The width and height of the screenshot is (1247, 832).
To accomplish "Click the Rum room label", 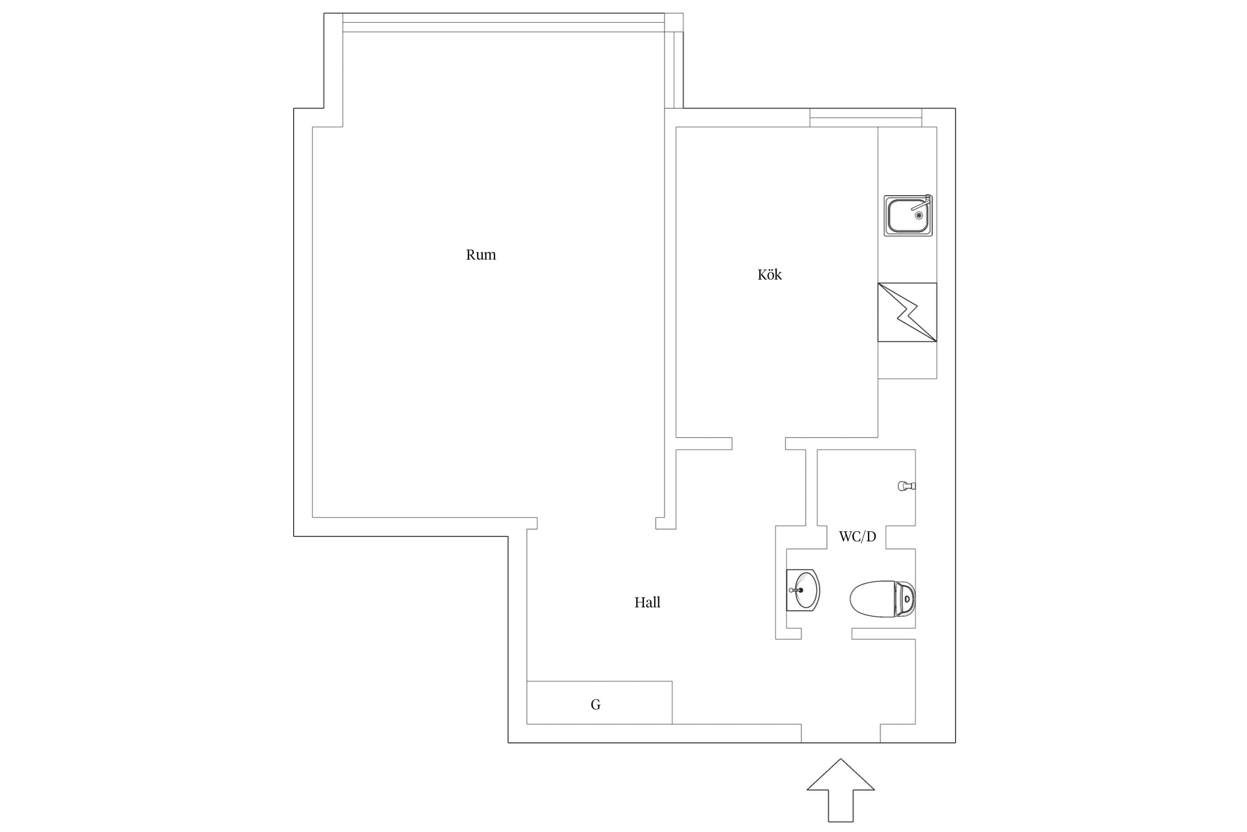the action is coord(481,255).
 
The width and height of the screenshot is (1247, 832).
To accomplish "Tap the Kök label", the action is coord(769,274).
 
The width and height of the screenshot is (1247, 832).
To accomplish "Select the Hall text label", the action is coord(647,602).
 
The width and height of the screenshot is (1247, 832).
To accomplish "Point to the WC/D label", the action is coord(857,536).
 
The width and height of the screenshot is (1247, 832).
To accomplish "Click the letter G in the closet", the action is coord(596,704).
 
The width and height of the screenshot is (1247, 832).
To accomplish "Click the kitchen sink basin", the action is coord(907,216).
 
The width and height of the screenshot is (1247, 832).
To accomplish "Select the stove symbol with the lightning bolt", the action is coord(907,312).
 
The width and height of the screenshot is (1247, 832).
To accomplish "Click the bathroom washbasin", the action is coord(803,590).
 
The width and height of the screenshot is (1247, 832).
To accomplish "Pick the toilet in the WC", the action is coord(882,598).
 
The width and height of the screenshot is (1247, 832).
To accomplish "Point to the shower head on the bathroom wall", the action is coord(906,486).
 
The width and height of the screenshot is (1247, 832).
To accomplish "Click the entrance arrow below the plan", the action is coord(841,791).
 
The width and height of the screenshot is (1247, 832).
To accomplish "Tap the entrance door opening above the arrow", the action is coord(841,733).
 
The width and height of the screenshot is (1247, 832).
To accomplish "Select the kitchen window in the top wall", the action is coord(866,118).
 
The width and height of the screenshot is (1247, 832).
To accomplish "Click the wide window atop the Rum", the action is coord(504,23).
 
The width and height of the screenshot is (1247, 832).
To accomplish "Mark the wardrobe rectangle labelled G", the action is coord(599,703).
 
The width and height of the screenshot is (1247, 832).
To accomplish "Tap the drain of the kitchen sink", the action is coord(919,215).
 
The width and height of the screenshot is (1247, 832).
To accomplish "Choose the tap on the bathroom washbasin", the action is coord(796,590).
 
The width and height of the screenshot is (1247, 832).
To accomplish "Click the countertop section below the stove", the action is coord(907,360).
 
